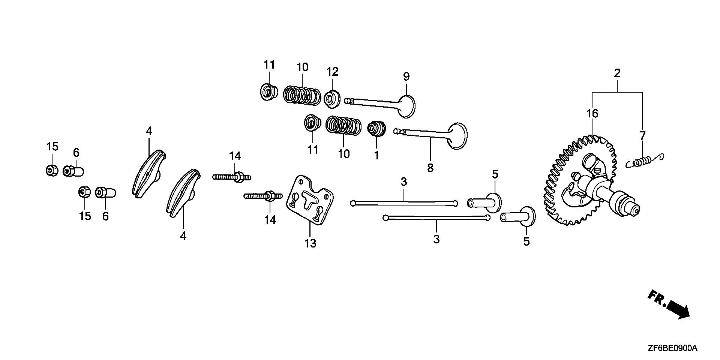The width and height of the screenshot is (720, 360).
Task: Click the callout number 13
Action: pos(310,244)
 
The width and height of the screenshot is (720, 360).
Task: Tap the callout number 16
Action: pos(592,113)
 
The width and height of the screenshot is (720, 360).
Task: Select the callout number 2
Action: pos(617,73)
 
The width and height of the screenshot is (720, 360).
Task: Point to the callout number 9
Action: pos(406,77)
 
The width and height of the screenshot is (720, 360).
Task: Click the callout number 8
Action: pos(430,168)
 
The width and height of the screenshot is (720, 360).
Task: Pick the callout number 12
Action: pos(332,72)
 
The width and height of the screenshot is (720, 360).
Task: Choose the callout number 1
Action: pos(376,155)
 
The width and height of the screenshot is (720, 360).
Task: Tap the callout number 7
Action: pos(642,135)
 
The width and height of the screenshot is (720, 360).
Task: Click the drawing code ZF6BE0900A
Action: pos(672,348)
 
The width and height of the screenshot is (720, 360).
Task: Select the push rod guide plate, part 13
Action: pos(310,199)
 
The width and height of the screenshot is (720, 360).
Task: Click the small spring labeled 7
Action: pos(645,161)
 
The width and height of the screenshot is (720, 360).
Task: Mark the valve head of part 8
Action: pos(458,135)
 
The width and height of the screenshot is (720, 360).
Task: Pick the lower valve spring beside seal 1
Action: pos(343,125)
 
